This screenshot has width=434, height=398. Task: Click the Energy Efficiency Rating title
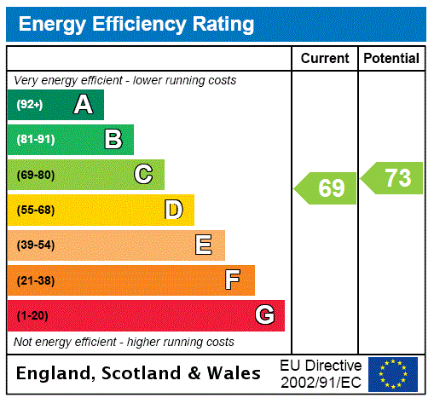pyautogui.click(x=136, y=24)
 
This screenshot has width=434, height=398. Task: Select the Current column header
pyautogui.click(x=325, y=59)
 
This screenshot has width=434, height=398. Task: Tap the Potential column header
pyautogui.click(x=391, y=59)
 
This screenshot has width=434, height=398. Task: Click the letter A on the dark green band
pyautogui.click(x=83, y=105)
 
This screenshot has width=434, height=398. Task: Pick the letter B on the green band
pyautogui.click(x=113, y=140)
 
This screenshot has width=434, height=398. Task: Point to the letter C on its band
pyautogui.click(x=143, y=175)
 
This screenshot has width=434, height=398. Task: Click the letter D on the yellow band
pyautogui.click(x=173, y=210)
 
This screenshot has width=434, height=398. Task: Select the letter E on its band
pyautogui.click(x=204, y=245)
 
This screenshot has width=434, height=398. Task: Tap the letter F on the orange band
pyautogui.click(x=233, y=280)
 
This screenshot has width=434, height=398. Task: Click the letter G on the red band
pyautogui.click(x=264, y=315)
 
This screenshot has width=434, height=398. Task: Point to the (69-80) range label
pyautogui.click(x=35, y=176)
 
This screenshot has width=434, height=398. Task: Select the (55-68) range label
pyautogui.click(x=35, y=211)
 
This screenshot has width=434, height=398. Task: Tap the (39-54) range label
pyautogui.click(x=35, y=245)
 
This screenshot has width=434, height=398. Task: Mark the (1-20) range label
pyautogui.click(x=32, y=316)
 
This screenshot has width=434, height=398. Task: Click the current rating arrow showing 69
pyautogui.click(x=327, y=187)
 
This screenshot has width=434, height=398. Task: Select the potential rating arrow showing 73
pyautogui.click(x=392, y=178)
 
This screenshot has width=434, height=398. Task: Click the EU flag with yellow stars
pyautogui.click(x=393, y=373)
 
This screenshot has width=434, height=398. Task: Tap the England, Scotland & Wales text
pyautogui.click(x=139, y=373)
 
